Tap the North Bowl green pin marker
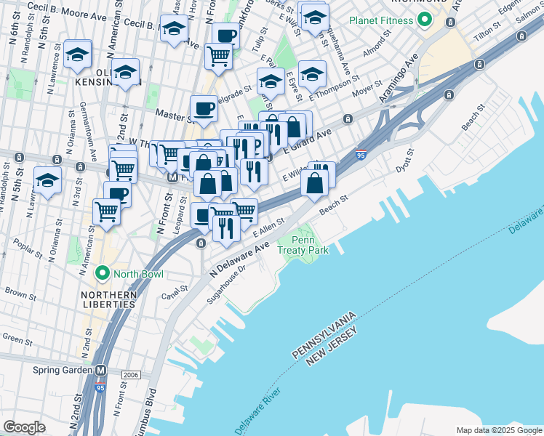pyautogui.click(x=103, y=274)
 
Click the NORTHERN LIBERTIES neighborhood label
pyautogui.click(x=109, y=299)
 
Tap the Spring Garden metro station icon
pyautogui.click(x=101, y=369)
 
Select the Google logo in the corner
pyautogui.click(x=24, y=427)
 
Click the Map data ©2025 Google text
pyautogui.click(x=499, y=430)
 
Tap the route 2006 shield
pyautogui.click(x=132, y=374)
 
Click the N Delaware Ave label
pyautogui.click(x=239, y=259)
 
